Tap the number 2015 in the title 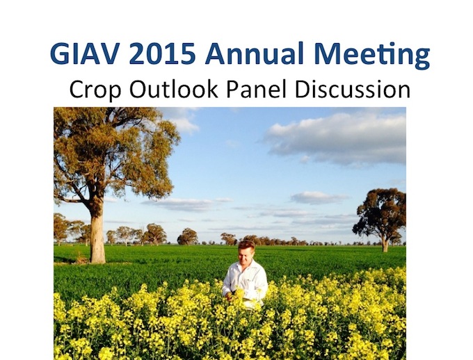[162, 54]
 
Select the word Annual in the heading [254, 53]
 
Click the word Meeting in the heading [371, 56]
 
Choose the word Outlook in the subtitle [173, 89]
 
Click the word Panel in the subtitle [256, 89]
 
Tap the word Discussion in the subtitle [353, 89]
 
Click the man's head [246, 252]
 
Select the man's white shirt [245, 282]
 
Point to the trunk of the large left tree [97, 235]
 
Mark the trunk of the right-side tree [385, 244]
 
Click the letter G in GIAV [60, 54]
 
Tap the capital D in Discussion [303, 89]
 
